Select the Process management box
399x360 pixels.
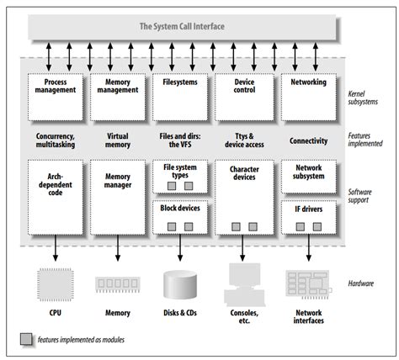point(56,95)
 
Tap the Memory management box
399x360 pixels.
point(118,95)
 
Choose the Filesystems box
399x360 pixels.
point(179,95)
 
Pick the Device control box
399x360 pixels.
point(242,95)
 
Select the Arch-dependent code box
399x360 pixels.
point(56,198)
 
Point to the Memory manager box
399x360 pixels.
point(118,198)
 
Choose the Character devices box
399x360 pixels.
point(242,198)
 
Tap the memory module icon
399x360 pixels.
point(118,284)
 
